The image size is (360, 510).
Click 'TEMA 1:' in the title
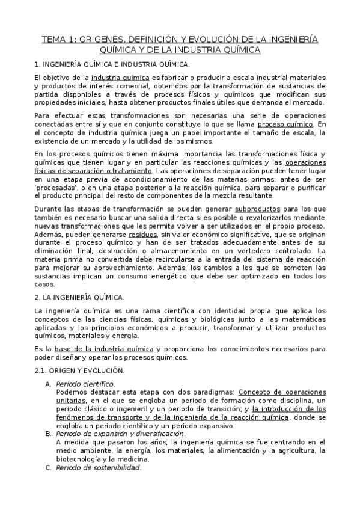click(59, 40)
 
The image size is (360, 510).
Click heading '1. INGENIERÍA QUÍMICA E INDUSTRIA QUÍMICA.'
click(112, 64)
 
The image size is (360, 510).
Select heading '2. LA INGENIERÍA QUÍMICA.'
click(79, 297)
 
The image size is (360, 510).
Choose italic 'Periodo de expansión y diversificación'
click(120, 434)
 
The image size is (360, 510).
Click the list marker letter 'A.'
click(49, 383)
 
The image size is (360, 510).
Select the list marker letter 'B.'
click(49, 434)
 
